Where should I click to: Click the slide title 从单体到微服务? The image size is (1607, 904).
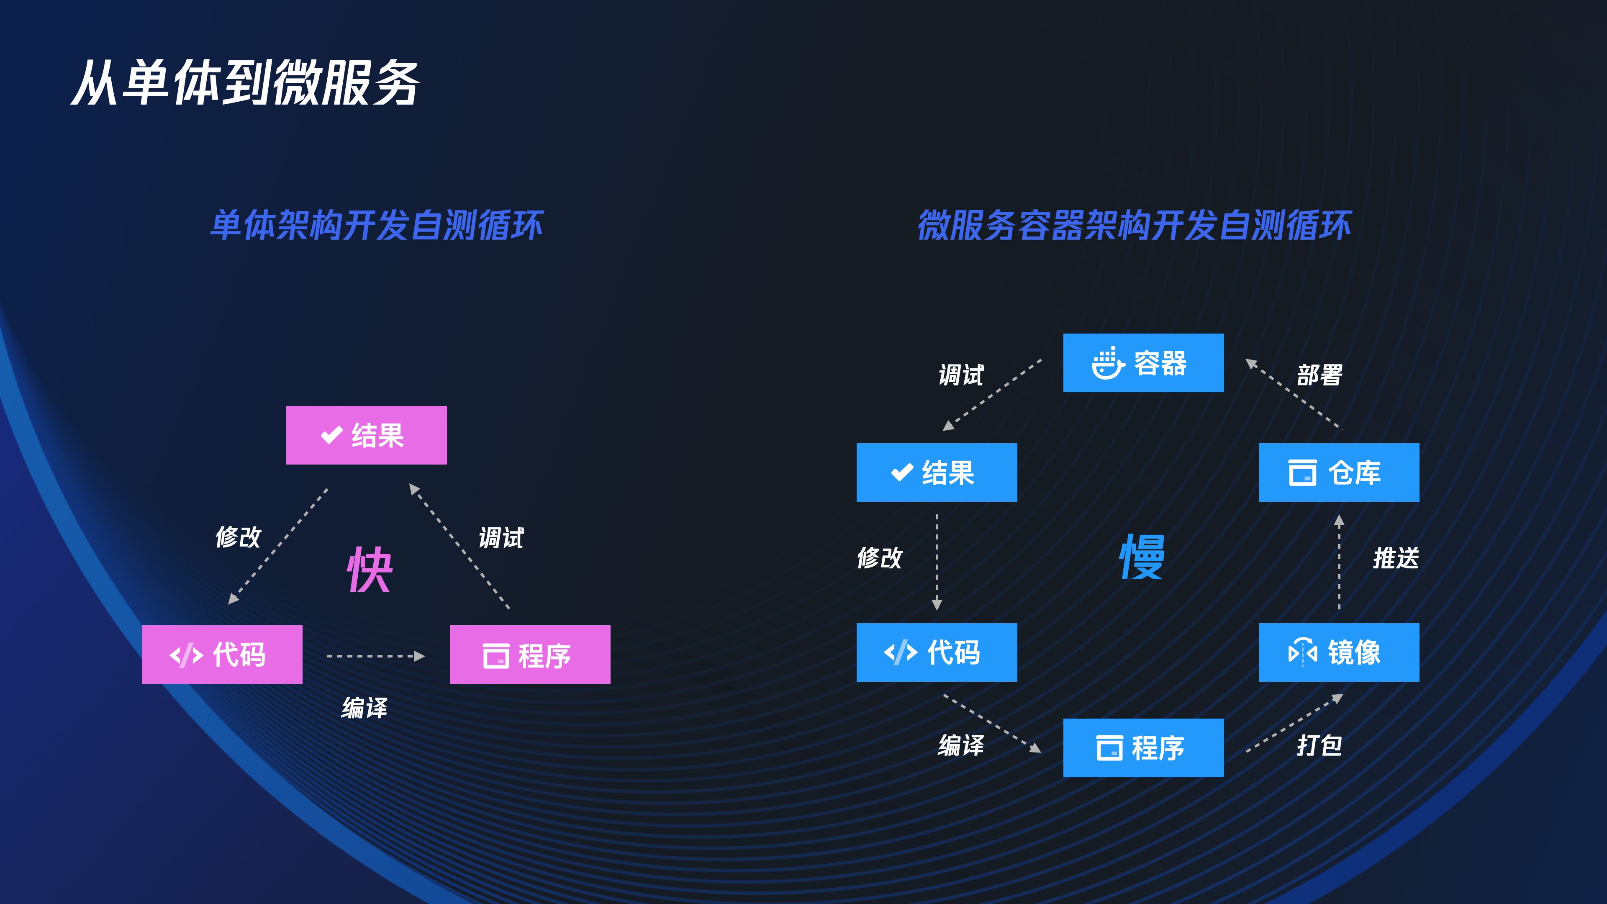coord(246,83)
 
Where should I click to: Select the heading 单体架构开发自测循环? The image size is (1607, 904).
coord(377,225)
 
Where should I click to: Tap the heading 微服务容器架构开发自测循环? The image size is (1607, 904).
coord(1134,225)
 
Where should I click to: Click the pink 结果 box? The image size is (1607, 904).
coord(366,435)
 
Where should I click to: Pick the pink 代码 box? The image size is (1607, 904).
coord(222,655)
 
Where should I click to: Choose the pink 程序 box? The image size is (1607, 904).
coord(530,655)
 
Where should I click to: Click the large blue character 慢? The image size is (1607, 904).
coord(1142,557)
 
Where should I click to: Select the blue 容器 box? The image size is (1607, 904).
coord(1143,363)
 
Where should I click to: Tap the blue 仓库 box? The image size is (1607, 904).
coord(1339,472)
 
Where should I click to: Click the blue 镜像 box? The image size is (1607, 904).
coord(1339,652)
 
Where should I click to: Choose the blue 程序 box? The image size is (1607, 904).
coord(1143,748)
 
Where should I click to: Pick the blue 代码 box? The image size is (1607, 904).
coord(937,652)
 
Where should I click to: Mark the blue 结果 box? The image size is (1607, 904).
coord(937,472)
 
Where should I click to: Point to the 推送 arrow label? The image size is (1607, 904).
coord(1396,558)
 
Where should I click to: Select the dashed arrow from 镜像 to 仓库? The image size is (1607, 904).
coord(1339,562)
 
